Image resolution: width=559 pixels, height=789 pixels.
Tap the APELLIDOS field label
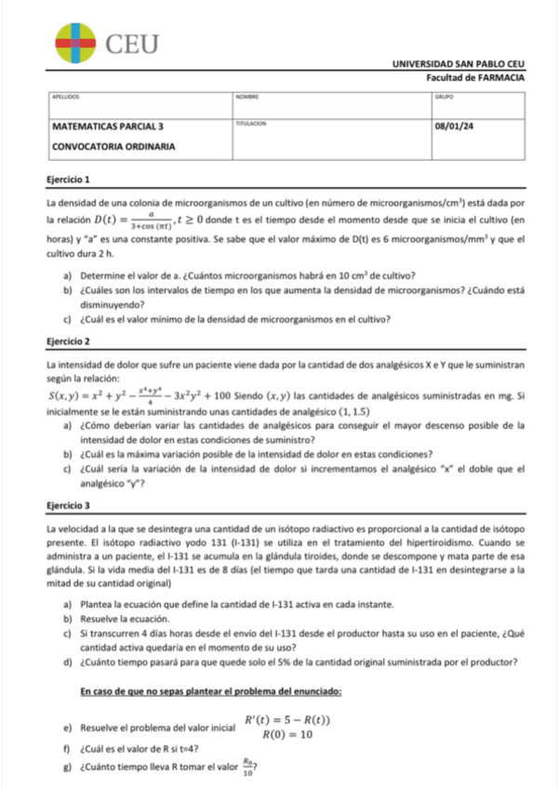click(x=66, y=96)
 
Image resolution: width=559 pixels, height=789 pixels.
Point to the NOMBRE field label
click(x=246, y=96)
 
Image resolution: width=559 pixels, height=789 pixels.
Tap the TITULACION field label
click(x=251, y=123)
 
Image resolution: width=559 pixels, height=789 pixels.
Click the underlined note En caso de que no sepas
click(x=211, y=692)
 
